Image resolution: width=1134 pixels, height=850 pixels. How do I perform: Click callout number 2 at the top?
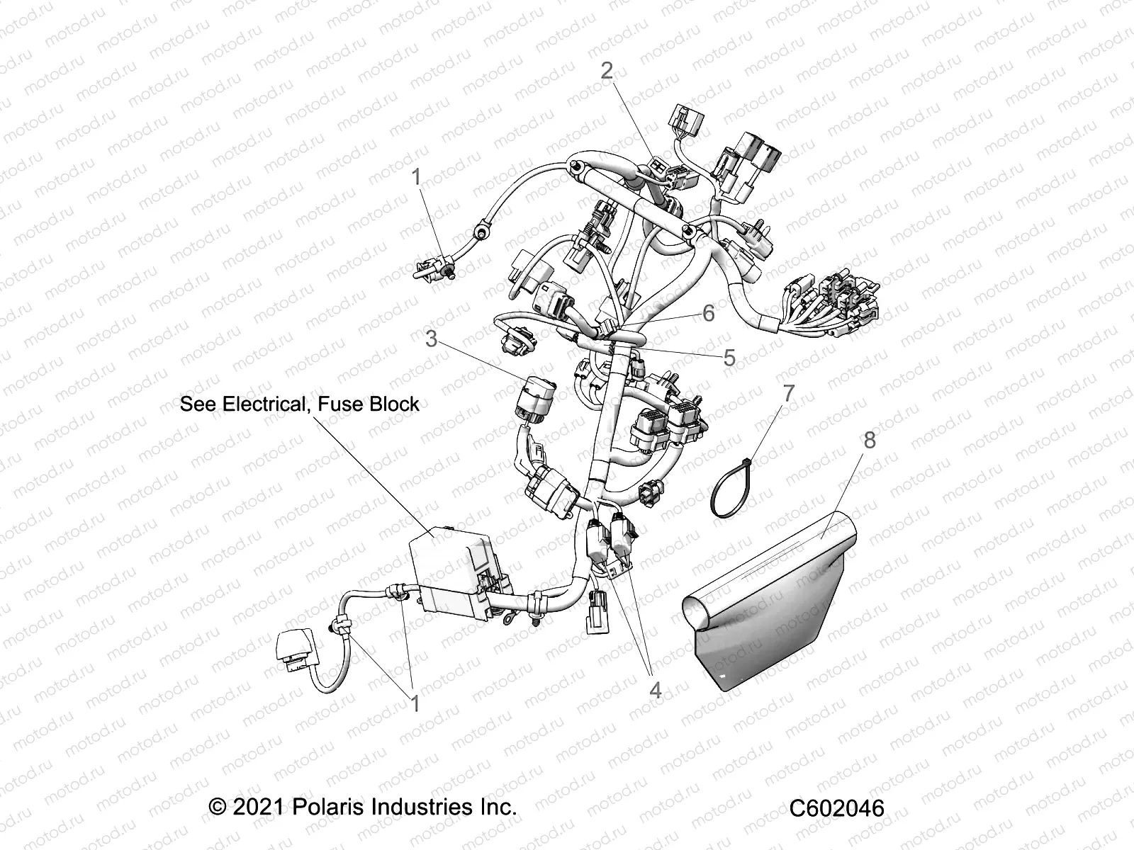[x=607, y=70]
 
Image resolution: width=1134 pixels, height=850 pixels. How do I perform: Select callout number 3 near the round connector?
[x=431, y=339]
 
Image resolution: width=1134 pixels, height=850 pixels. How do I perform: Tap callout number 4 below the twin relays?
[x=655, y=688]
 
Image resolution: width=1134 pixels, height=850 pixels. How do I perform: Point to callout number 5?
[x=729, y=358]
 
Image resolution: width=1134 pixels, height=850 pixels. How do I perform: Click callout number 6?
[x=708, y=312]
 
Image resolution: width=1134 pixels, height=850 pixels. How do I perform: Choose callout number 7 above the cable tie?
[x=789, y=392]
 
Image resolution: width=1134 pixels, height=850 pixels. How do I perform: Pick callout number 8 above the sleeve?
[x=869, y=440]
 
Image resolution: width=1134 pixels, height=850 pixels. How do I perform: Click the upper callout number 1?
[x=417, y=176]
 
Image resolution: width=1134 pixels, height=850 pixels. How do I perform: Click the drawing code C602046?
[x=838, y=807]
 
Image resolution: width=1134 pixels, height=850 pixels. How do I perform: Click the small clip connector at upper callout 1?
[x=434, y=273]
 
